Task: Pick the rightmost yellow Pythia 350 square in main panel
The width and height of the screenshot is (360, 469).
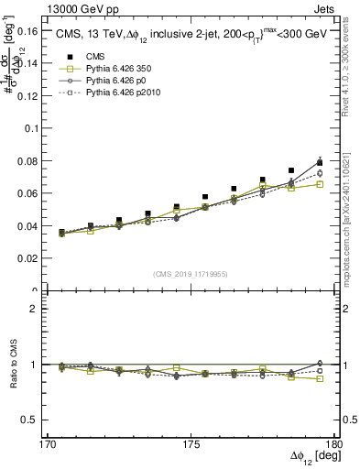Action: pos(320,184)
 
